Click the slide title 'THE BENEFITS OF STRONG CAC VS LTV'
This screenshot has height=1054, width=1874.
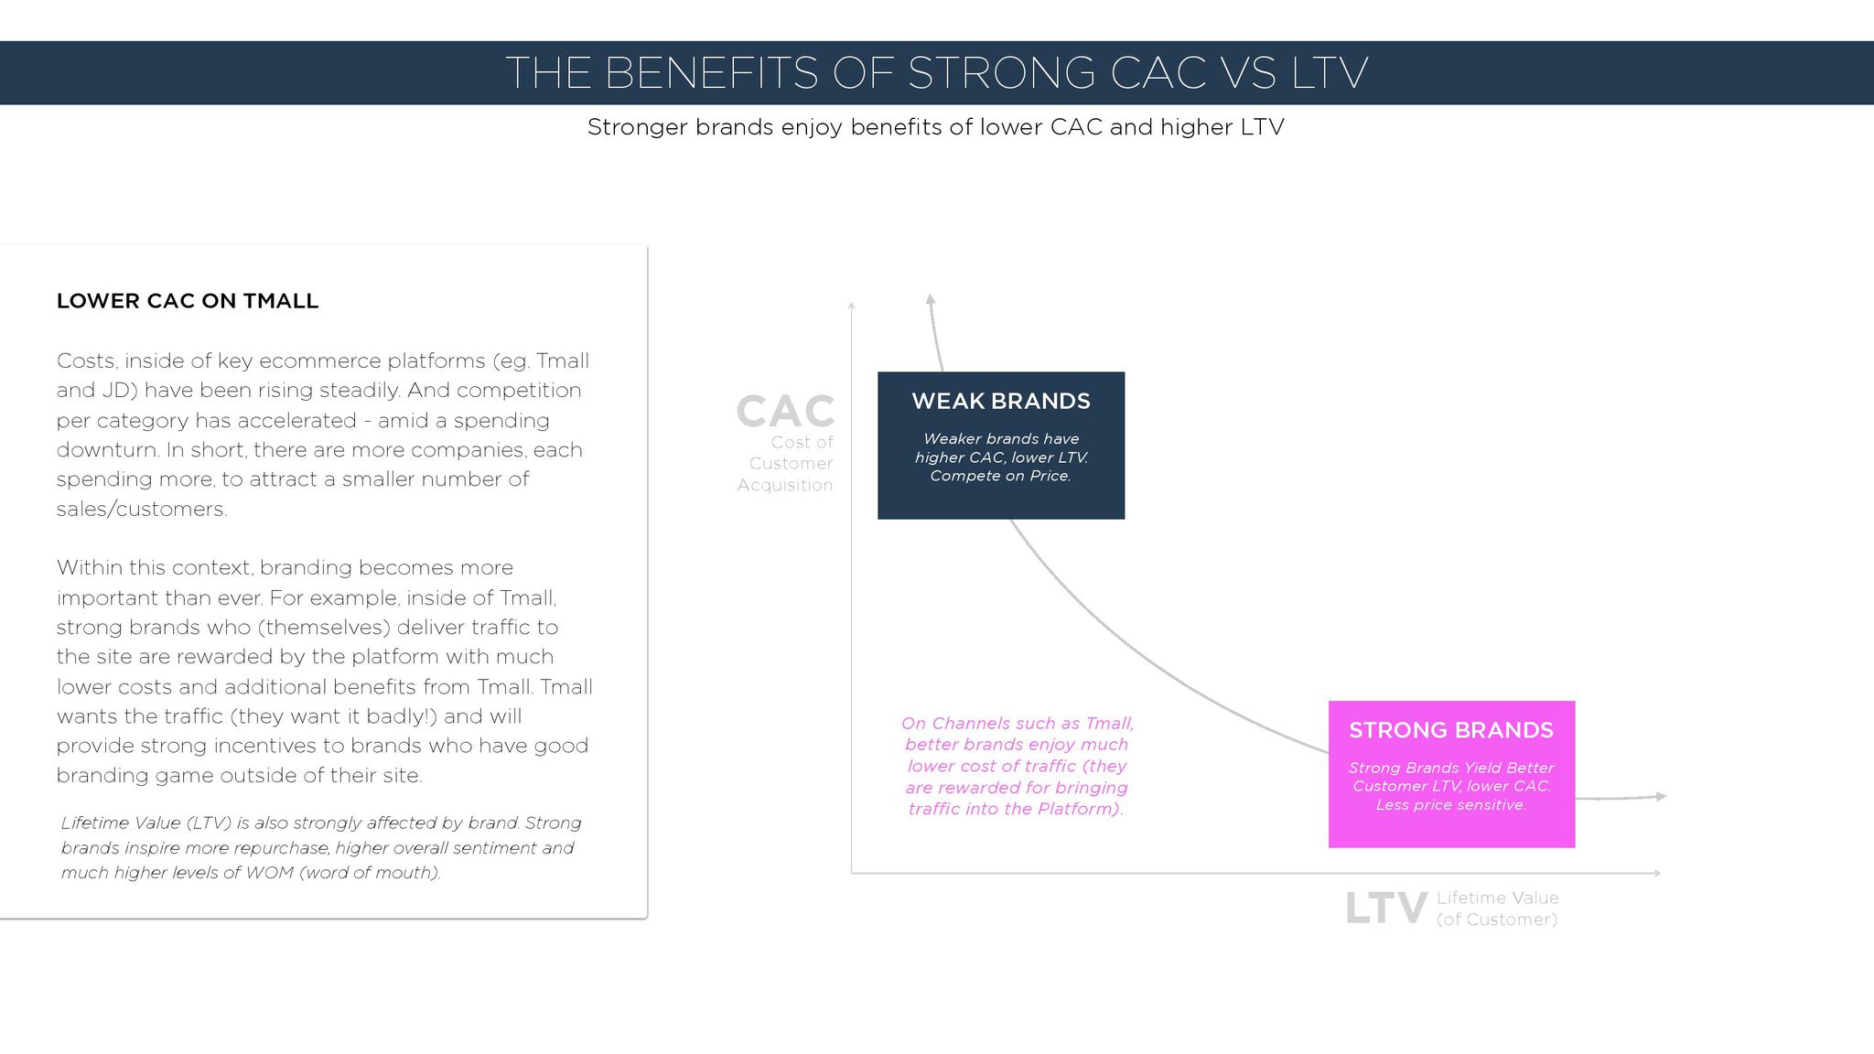(936, 72)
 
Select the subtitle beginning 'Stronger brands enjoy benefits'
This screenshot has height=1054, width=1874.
(936, 127)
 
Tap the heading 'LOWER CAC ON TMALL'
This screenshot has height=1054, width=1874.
(188, 301)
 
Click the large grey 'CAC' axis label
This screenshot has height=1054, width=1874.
(786, 411)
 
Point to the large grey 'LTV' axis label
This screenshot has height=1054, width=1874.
(1386, 909)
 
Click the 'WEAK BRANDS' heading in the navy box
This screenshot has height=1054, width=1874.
(1001, 401)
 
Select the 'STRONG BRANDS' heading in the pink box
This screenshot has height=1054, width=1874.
(1451, 730)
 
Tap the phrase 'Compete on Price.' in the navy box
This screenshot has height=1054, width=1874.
(1001, 476)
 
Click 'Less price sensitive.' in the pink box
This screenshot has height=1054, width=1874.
(1451, 805)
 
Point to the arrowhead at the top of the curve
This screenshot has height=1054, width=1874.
(930, 299)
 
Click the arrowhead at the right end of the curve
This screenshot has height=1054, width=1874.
(1661, 797)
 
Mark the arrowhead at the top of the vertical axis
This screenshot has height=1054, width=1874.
(851, 306)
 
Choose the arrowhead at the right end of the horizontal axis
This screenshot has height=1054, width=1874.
(1656, 873)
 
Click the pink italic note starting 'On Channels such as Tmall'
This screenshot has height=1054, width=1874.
(1017, 766)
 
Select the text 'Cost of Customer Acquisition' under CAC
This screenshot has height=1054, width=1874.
(786, 464)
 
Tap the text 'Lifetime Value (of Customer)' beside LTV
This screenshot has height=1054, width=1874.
(1497, 909)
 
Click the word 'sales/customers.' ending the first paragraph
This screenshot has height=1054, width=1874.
(142, 509)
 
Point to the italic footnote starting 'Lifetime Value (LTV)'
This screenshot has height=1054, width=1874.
(321, 848)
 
